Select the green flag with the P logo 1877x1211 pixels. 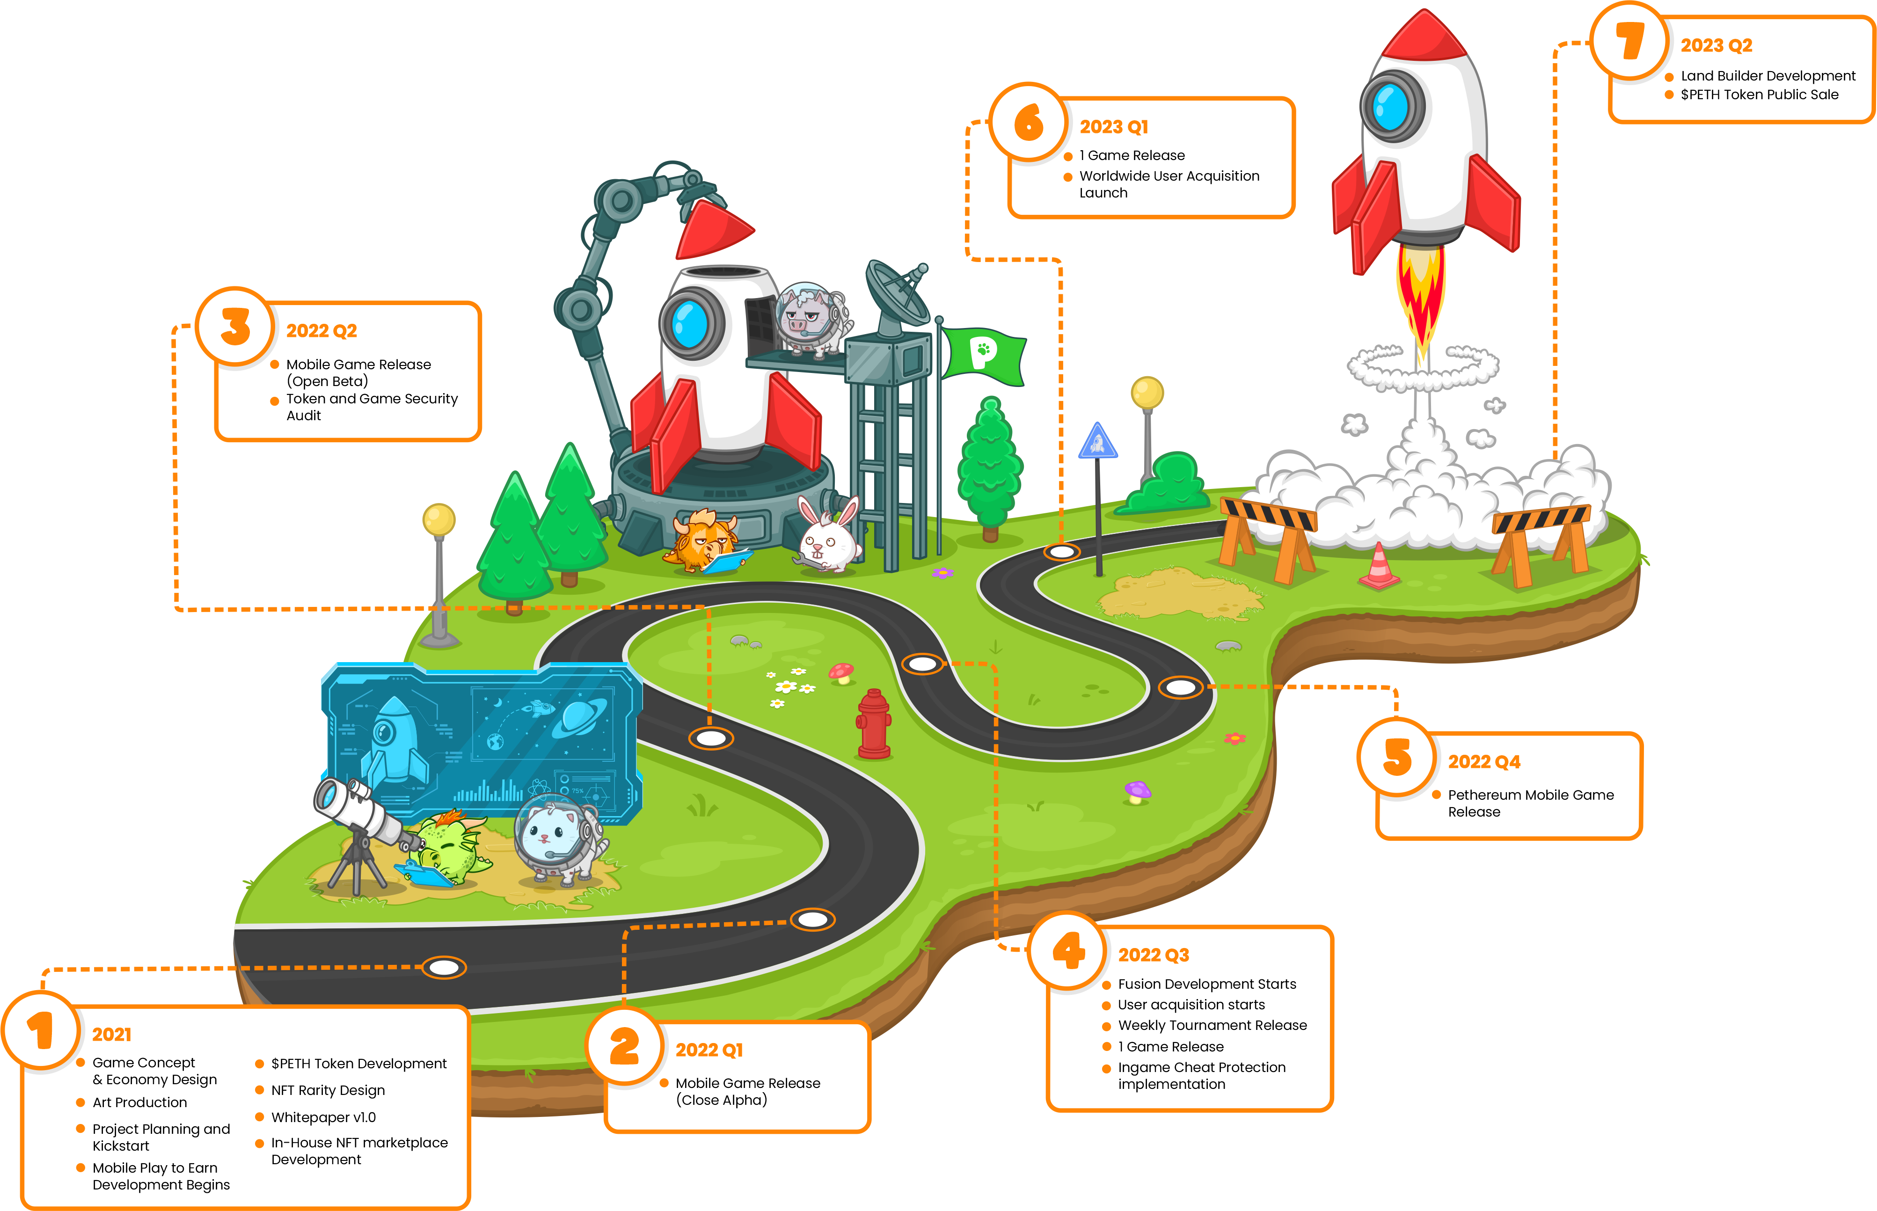point(983,356)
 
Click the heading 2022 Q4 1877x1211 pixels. point(1484,761)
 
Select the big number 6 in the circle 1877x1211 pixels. point(1029,123)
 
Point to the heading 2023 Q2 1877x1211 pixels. point(1716,45)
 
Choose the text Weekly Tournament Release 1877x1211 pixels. point(1212,1025)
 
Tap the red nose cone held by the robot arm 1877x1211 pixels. point(712,230)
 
